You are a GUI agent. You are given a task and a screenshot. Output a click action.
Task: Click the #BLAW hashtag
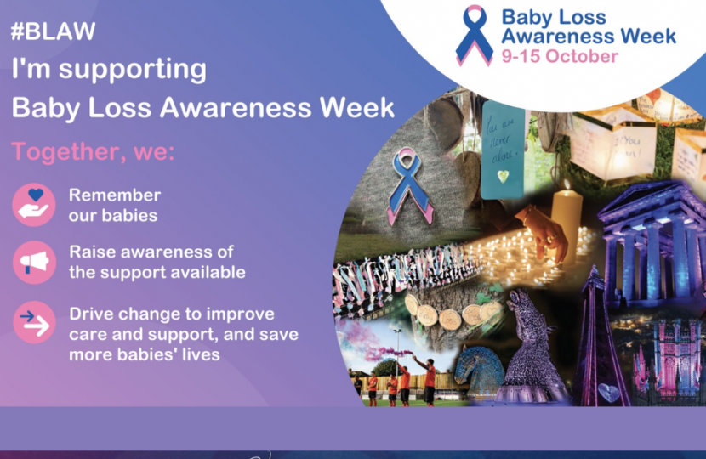53,32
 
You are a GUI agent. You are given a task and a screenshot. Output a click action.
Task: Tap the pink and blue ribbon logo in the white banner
474,35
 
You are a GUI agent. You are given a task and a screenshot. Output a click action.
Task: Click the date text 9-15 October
559,58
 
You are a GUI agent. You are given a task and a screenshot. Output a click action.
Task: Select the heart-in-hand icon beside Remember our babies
34,205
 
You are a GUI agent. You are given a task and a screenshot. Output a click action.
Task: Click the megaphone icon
34,262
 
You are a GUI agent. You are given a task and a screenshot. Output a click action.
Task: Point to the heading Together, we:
93,153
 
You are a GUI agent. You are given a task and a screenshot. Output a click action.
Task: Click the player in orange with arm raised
429,377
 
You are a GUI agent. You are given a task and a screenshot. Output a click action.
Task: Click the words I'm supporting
109,70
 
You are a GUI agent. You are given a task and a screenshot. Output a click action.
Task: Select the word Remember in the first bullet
114,195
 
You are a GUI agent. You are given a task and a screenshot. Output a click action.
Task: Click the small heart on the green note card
504,175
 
